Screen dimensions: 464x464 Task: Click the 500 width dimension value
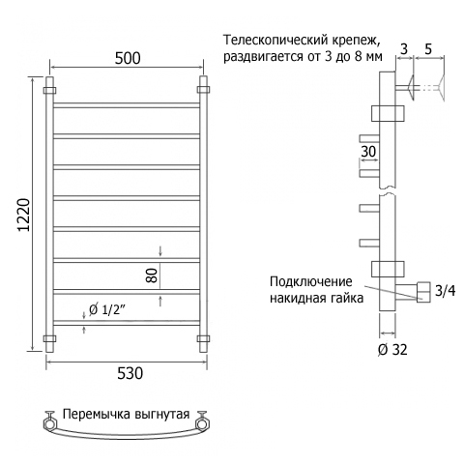click(x=128, y=58)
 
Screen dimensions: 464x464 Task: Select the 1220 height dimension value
click(x=24, y=215)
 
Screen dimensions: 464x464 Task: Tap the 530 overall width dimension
click(x=130, y=373)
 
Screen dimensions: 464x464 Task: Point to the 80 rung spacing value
click(x=153, y=275)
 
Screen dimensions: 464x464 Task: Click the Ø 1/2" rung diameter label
click(x=107, y=309)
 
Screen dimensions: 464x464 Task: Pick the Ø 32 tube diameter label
click(x=392, y=350)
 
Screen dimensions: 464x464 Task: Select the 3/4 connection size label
click(x=446, y=291)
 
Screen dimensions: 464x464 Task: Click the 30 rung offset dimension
click(x=368, y=151)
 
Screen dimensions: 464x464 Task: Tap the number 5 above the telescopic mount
click(x=428, y=49)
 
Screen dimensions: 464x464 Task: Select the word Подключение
click(x=311, y=281)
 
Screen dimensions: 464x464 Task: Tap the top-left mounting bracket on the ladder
click(x=49, y=90)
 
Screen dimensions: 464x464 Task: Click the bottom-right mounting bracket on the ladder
click(x=203, y=338)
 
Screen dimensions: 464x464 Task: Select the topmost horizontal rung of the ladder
click(x=127, y=105)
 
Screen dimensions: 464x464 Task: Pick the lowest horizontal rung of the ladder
click(x=127, y=323)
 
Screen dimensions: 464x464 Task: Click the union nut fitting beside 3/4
click(x=423, y=292)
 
